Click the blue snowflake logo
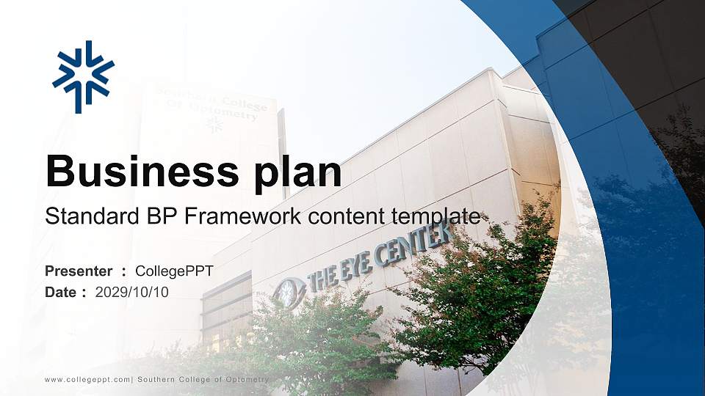pos(83,77)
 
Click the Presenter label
pos(79,271)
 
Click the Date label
pos(62,292)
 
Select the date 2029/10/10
pos(132,292)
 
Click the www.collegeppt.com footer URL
pos(87,379)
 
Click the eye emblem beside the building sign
pos(288,291)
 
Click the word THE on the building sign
pos(322,277)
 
